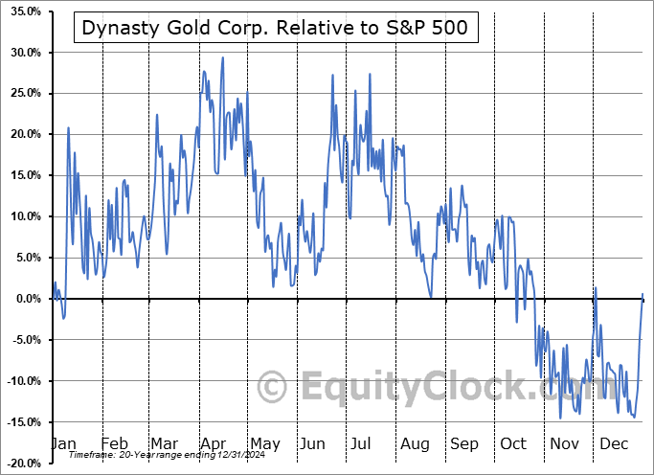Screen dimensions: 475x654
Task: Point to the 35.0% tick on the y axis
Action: (x=21, y=11)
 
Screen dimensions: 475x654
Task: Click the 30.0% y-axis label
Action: (x=21, y=52)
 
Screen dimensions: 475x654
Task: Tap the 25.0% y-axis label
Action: (x=21, y=93)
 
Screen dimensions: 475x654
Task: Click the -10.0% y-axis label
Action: (x=21, y=381)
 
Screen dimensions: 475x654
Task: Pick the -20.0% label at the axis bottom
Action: (x=21, y=464)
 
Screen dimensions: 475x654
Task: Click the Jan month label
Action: (x=63, y=443)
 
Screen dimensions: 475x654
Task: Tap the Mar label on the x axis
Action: (x=163, y=443)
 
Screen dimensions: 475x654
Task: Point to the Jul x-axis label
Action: (x=361, y=443)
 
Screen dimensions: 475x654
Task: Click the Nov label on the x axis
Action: (x=564, y=443)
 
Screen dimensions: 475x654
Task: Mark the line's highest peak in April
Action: (x=223, y=57)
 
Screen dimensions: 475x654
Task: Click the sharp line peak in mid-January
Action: (x=68, y=127)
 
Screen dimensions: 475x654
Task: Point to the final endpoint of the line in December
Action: (x=643, y=294)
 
